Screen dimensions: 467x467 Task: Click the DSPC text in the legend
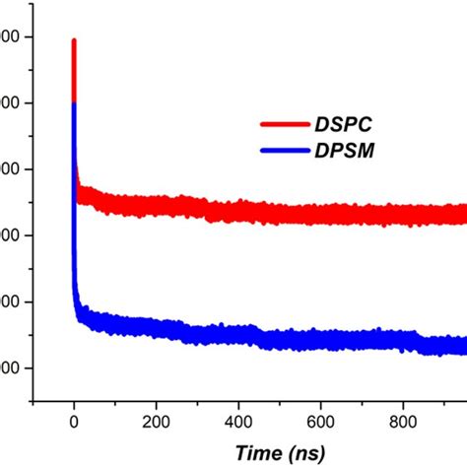click(x=342, y=125)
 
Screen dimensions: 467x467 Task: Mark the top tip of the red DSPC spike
click(x=74, y=40)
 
